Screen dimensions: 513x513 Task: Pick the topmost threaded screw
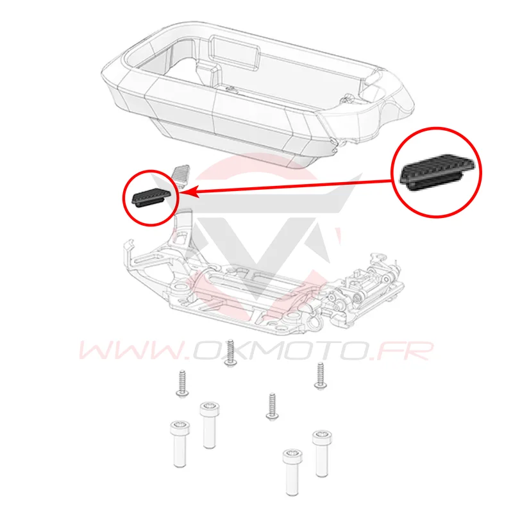click(231, 352)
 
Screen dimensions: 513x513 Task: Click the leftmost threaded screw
click(183, 383)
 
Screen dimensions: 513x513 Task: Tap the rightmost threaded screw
click(320, 376)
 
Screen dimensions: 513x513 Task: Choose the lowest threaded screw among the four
click(272, 407)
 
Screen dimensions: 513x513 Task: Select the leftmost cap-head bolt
click(180, 444)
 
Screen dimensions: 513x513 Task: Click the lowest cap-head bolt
click(292, 472)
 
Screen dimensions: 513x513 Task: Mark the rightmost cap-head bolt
click(322, 453)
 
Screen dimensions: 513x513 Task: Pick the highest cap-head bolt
click(210, 425)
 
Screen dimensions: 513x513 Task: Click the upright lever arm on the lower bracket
click(183, 229)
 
